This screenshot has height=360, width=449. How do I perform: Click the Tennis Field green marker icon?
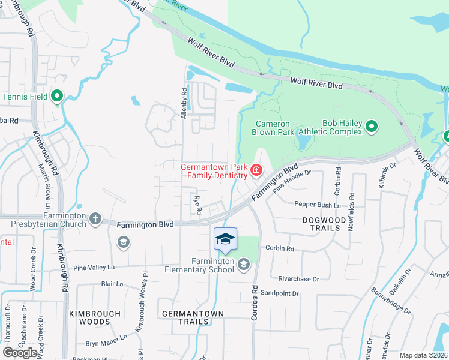[58, 96]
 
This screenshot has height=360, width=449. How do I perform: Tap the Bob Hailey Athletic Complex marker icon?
[372, 127]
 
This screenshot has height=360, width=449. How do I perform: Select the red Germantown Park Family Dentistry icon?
[256, 171]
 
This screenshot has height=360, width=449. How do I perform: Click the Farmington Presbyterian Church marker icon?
[95, 219]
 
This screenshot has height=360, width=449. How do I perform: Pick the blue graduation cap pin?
[225, 240]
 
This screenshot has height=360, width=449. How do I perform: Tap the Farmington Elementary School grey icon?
[243, 265]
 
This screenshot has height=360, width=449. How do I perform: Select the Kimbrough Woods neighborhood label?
[90, 317]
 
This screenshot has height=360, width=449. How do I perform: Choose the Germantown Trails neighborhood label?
[193, 317]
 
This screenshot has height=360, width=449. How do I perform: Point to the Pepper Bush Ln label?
[318, 205]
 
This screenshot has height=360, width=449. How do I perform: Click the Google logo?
[20, 353]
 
